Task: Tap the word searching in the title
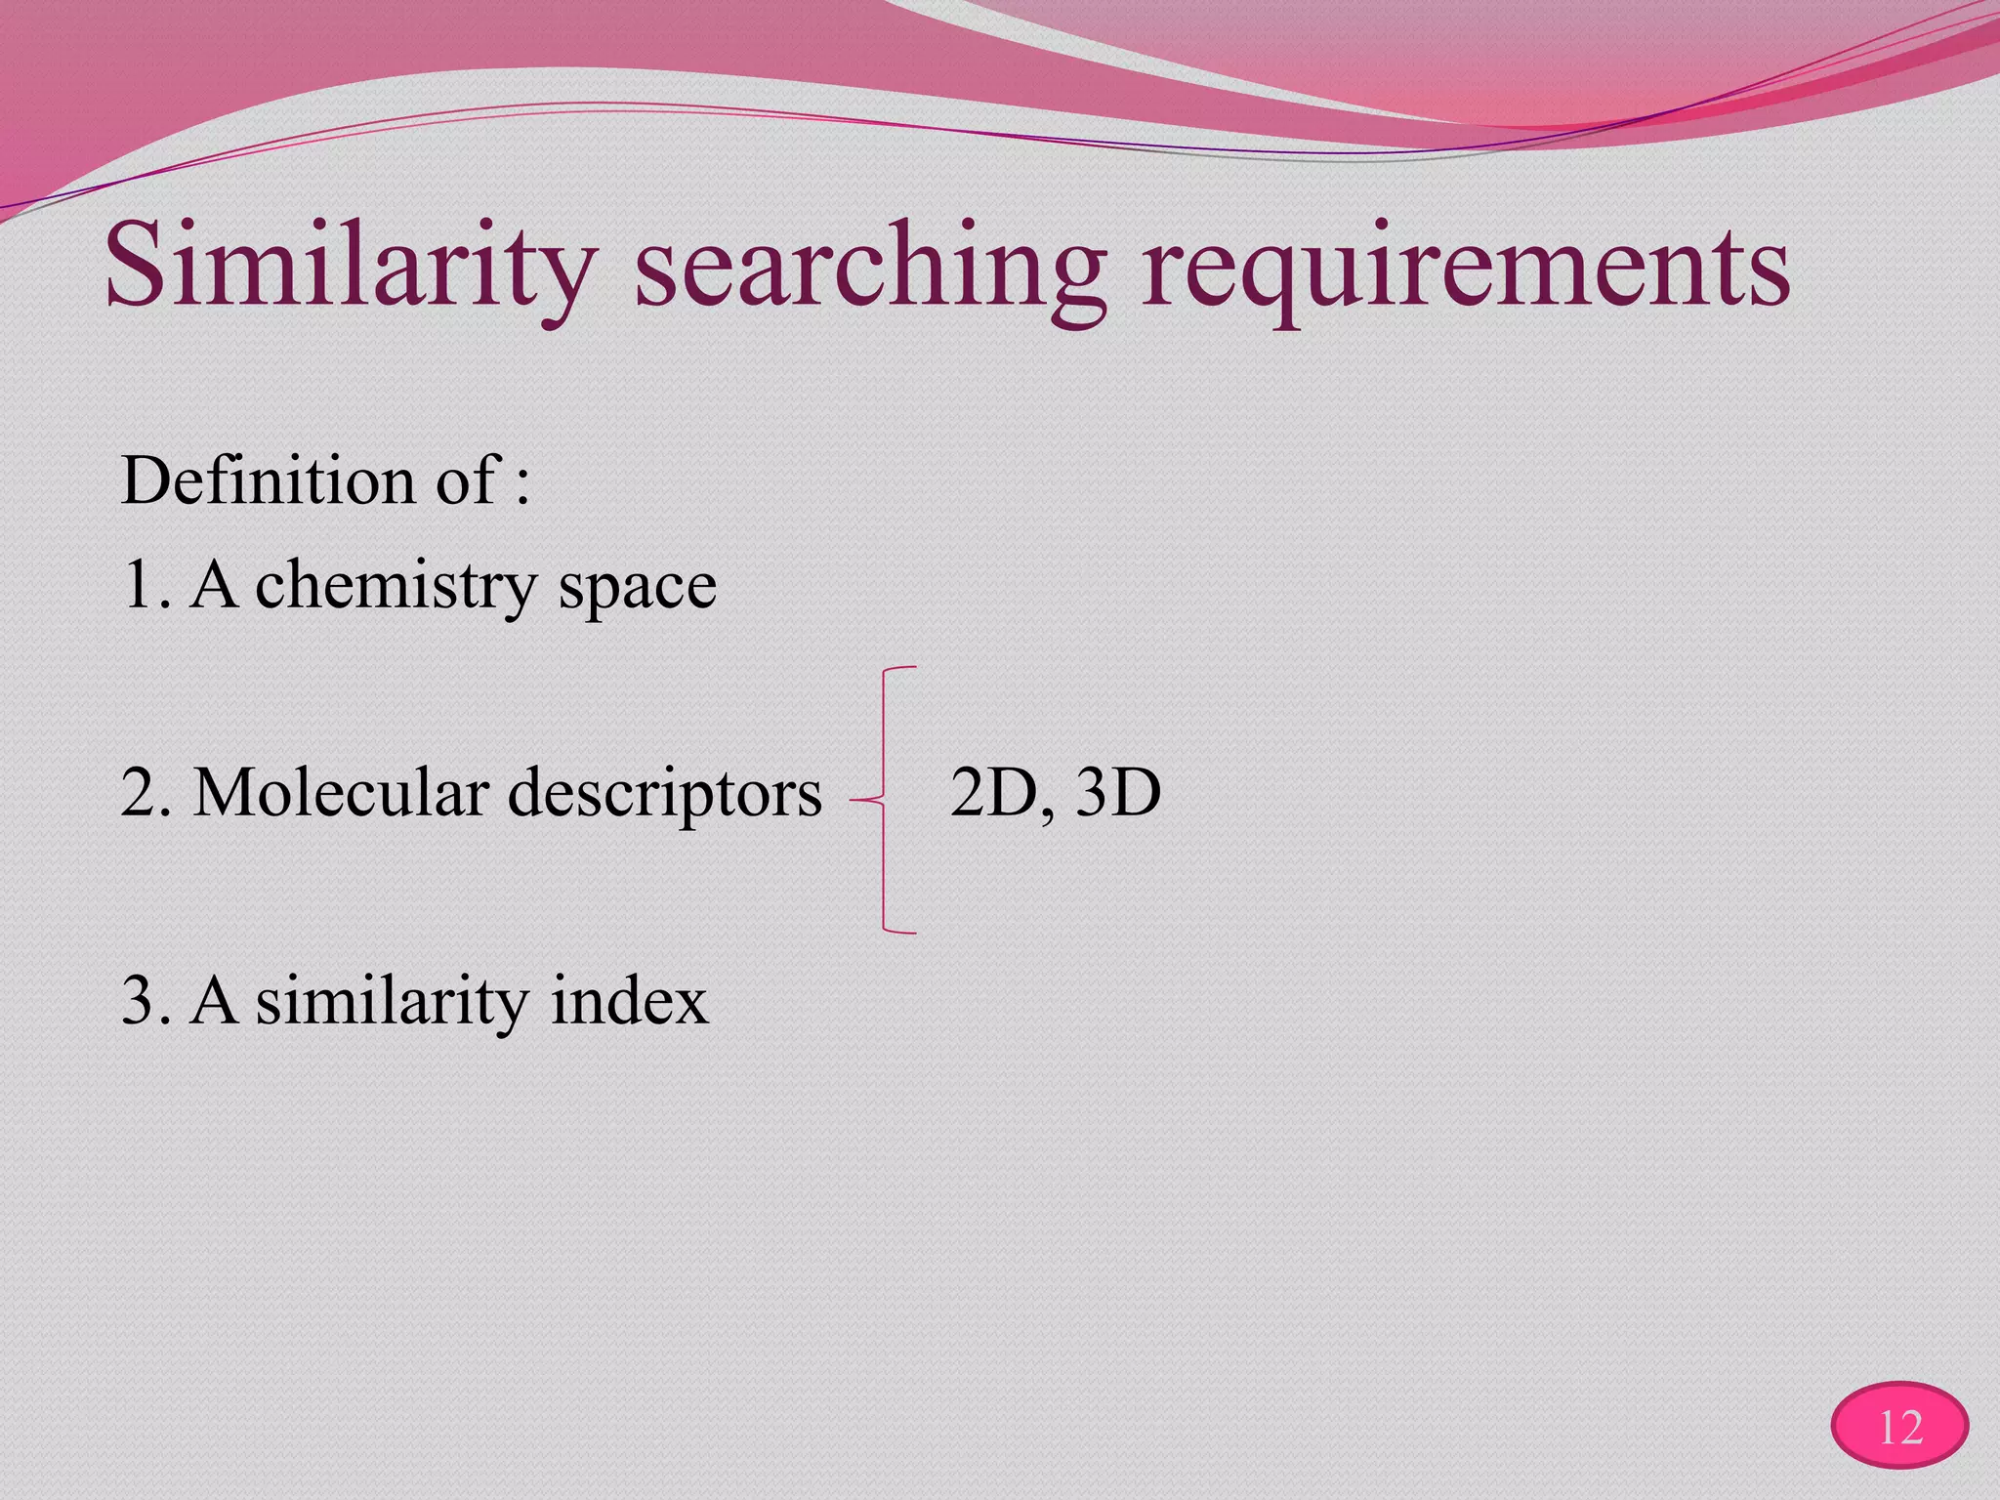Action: pos(870,269)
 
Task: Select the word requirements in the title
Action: pos(1466,269)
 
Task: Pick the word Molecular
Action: pos(341,792)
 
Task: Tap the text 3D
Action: pos(1118,792)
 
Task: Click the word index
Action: pos(629,1001)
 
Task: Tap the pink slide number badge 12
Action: pos(1899,1427)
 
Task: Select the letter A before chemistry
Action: pos(214,585)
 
